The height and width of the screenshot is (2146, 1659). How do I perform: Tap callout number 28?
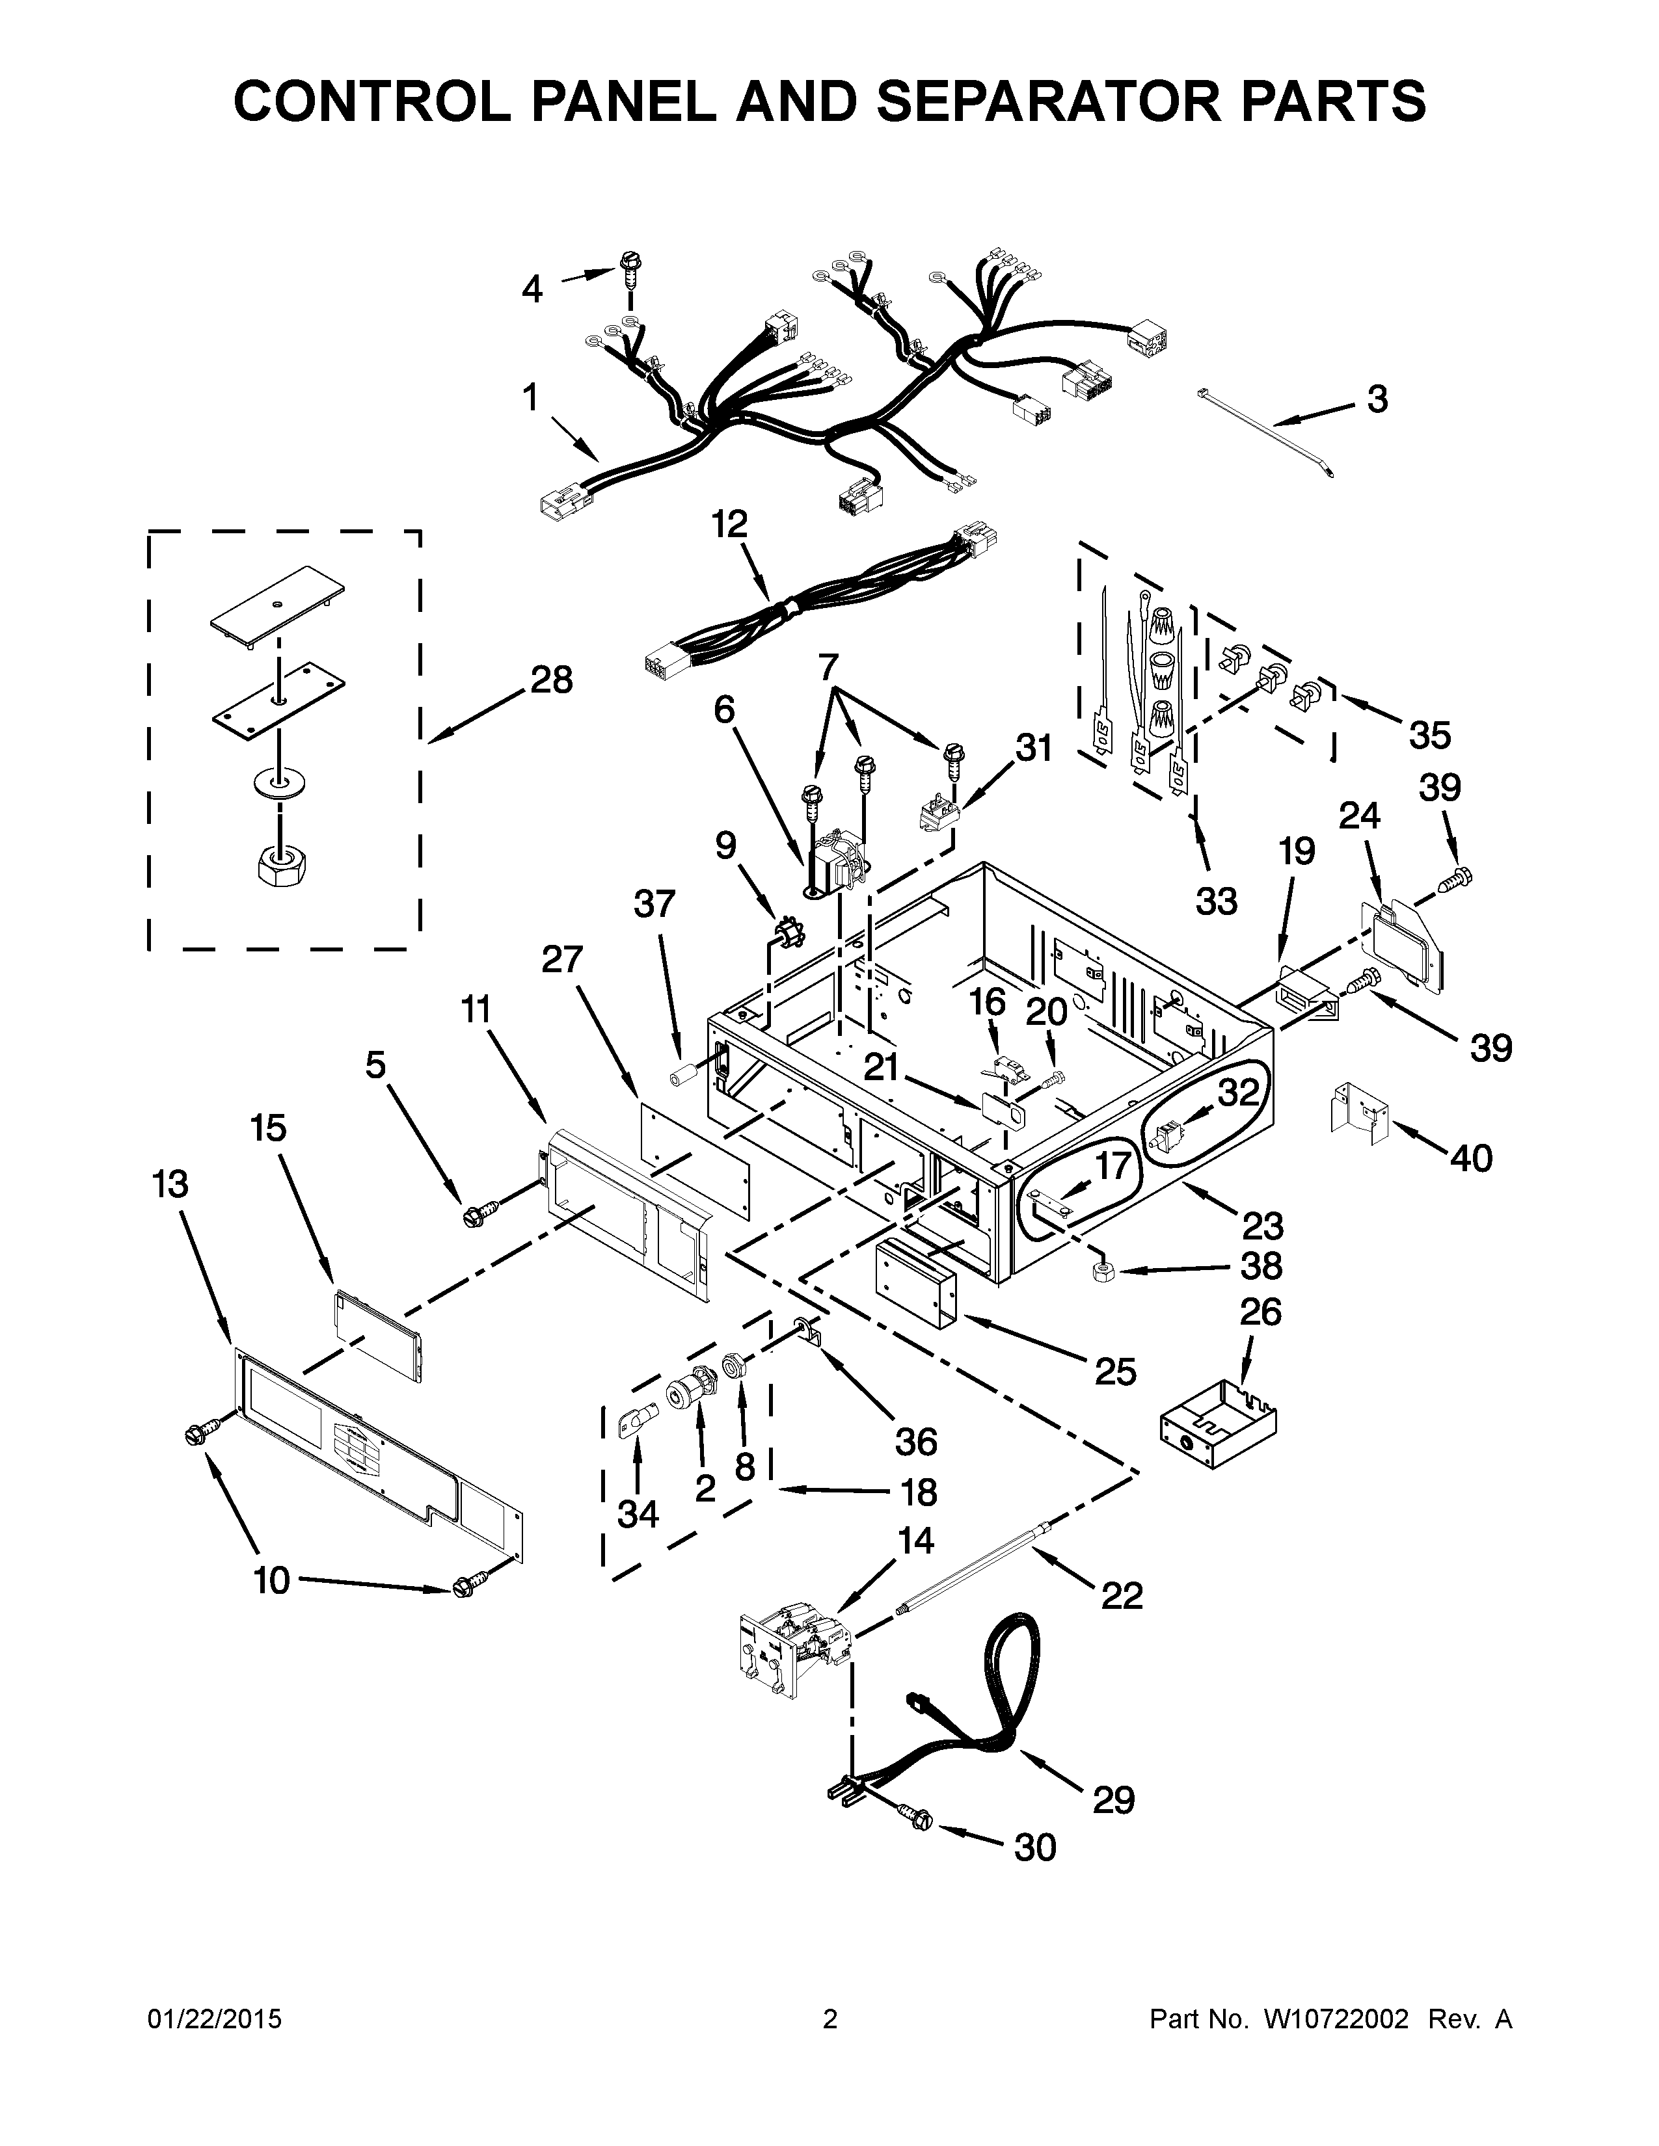551,680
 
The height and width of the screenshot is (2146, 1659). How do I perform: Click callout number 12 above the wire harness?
730,523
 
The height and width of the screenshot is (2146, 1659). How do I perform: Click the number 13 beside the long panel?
170,1184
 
